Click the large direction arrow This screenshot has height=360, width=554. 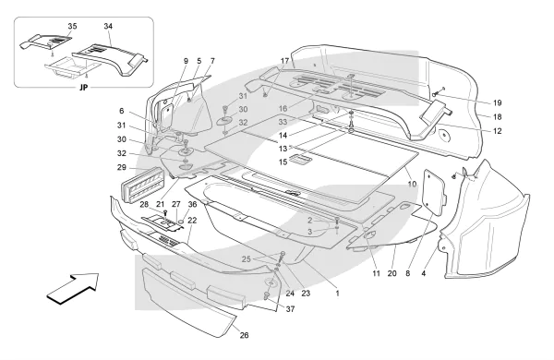[x=74, y=287]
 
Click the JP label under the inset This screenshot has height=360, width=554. [x=84, y=88]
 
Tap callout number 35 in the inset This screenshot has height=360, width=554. [x=72, y=26]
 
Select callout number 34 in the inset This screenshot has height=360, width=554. [x=108, y=26]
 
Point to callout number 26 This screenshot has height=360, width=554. [x=244, y=335]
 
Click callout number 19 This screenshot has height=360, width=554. [x=497, y=102]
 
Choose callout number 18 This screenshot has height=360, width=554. [x=497, y=117]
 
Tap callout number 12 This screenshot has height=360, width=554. [x=497, y=131]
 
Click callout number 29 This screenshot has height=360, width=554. [x=122, y=167]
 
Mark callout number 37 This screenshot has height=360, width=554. [x=290, y=309]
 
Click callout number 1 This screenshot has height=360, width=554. [x=337, y=293]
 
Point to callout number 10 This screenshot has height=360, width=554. [x=412, y=184]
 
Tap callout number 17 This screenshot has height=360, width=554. [x=284, y=61]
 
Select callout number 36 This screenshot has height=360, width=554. [x=192, y=204]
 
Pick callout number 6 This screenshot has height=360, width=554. [x=122, y=111]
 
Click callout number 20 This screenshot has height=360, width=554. [x=391, y=273]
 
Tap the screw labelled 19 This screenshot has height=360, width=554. [x=437, y=93]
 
